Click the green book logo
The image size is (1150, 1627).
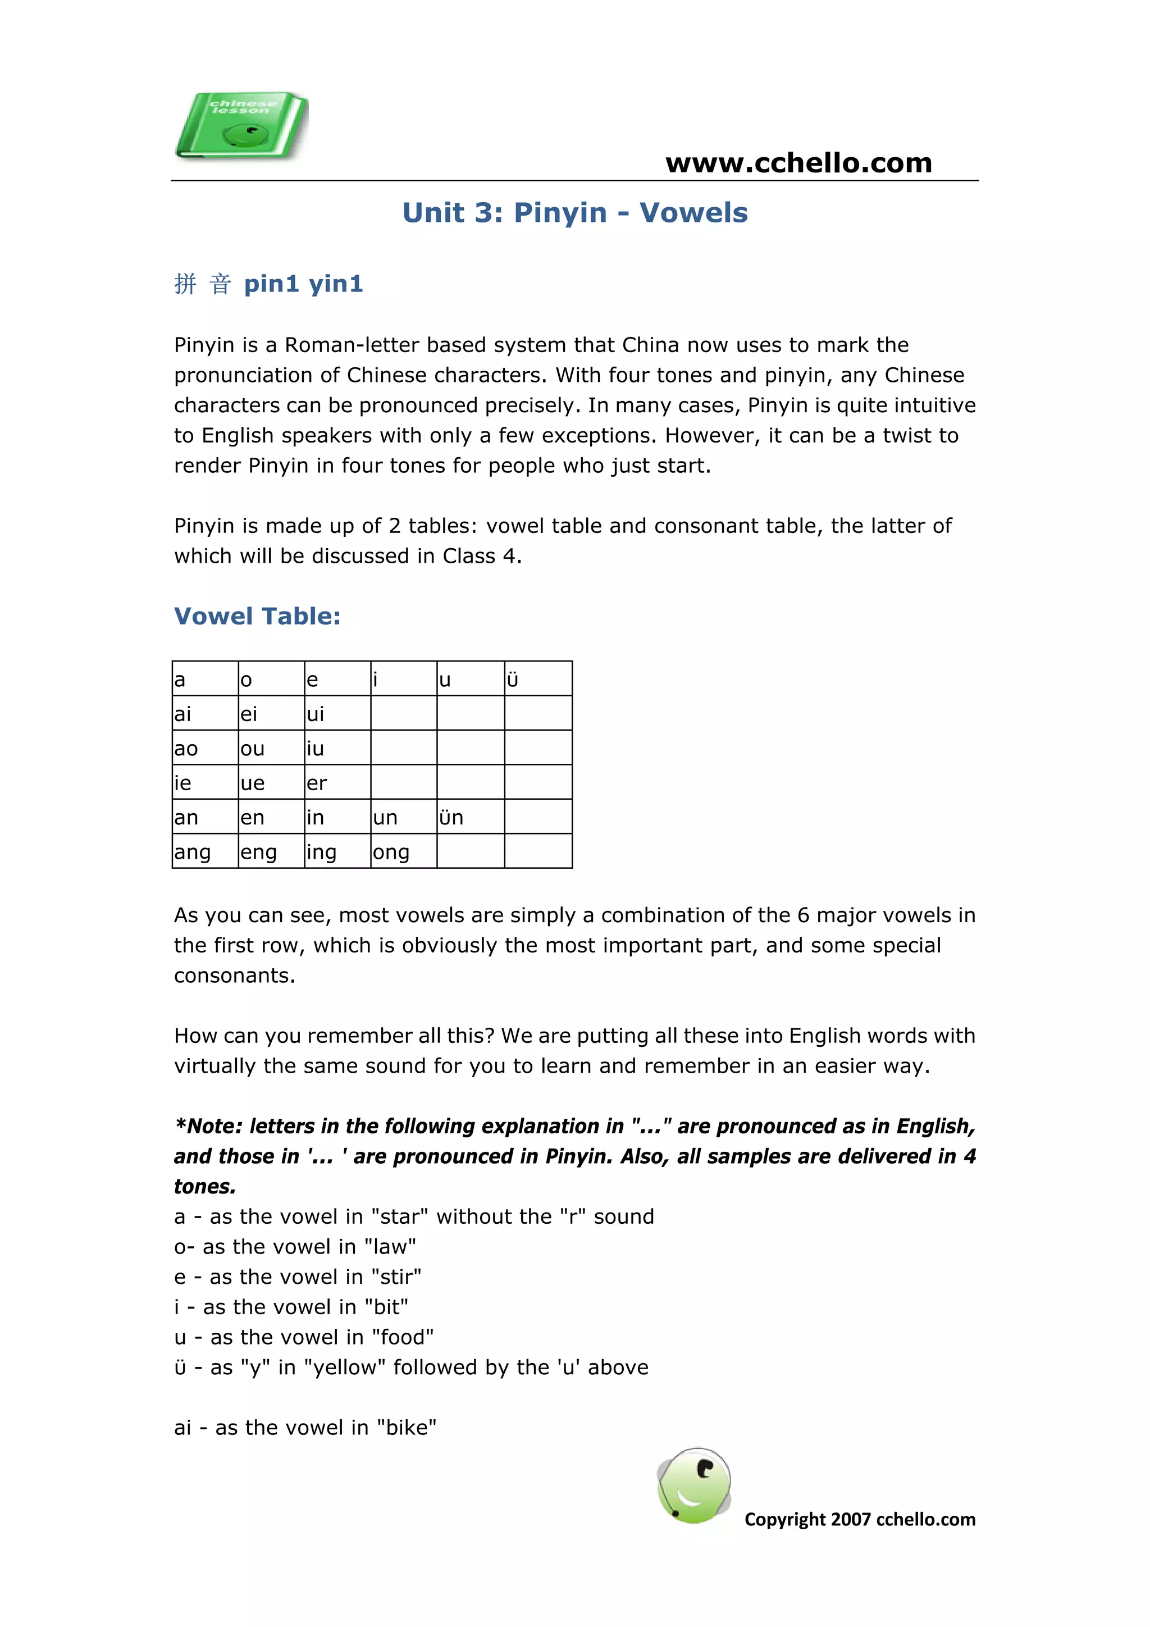[241, 125]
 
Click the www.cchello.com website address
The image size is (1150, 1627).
[798, 163]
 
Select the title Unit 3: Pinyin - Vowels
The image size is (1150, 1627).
[574, 213]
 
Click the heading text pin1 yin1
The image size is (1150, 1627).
[303, 284]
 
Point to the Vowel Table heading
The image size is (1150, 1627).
[257, 616]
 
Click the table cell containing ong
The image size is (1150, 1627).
[403, 851]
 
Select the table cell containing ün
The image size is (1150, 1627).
[470, 817]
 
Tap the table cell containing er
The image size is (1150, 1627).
[336, 782]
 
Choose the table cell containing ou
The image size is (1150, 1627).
[270, 748]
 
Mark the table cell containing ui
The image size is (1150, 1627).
[336, 714]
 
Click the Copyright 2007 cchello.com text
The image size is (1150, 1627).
[860, 1519]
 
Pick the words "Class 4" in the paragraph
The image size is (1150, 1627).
[480, 556]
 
